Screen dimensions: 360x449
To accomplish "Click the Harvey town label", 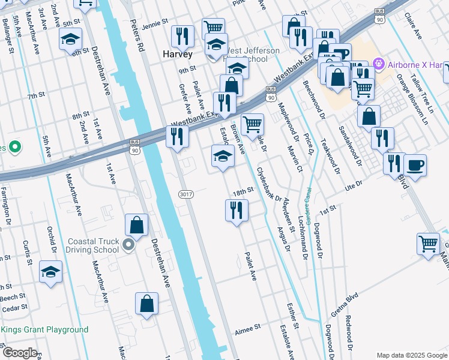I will (x=178, y=54).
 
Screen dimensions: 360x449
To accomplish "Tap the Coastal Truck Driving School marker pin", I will (x=128, y=245).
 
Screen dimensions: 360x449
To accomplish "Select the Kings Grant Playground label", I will (x=44, y=330).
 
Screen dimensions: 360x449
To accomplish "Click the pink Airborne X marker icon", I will (x=378, y=63).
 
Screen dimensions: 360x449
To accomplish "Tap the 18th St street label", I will (x=244, y=192).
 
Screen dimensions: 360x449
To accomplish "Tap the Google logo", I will (x=20, y=353).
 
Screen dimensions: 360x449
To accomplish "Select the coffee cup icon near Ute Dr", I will (x=415, y=164).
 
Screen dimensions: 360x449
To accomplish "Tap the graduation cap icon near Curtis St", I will (x=51, y=271).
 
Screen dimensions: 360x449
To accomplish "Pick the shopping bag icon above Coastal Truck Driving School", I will (x=137, y=226).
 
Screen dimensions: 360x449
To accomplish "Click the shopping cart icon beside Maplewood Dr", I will (x=253, y=125).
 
